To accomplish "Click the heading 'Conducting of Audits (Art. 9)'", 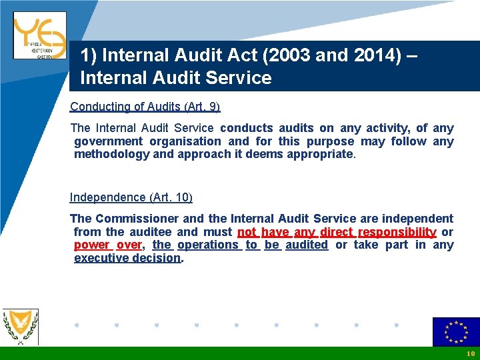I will point(145,107).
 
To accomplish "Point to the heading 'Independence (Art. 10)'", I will point(131,197).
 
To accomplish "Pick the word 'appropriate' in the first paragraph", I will point(321,154).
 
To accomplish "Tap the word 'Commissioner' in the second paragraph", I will point(137,219).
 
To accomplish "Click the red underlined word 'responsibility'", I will point(397,232).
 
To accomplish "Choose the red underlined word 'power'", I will point(92,245).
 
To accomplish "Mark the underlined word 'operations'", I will point(208,245).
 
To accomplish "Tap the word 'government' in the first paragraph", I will point(108,141).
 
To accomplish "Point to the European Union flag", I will point(456,332).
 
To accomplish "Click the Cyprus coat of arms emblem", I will point(20,327).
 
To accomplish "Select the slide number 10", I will point(471,353).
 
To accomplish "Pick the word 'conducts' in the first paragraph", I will point(246,128).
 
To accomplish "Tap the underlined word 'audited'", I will point(307,245).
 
